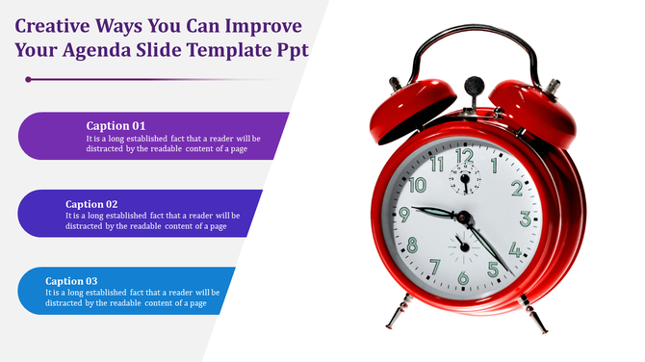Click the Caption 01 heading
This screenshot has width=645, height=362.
116,125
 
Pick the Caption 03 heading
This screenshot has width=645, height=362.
71,281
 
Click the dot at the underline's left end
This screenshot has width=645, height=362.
28,79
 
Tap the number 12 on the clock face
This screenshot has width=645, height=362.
464,156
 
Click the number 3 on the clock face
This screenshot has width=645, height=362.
524,220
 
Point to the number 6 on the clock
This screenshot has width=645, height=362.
463,278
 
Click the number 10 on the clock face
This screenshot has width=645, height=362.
417,183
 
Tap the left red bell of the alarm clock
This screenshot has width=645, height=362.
409,100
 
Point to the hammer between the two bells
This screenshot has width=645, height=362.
473,89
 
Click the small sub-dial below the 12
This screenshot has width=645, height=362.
468,180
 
